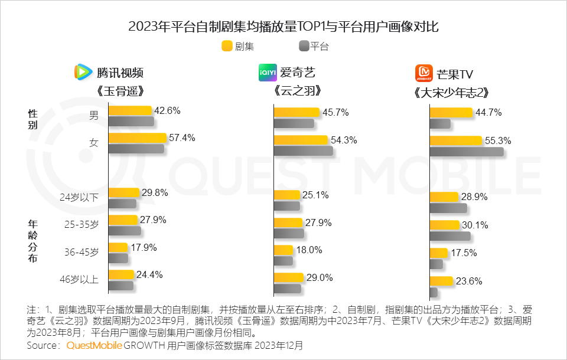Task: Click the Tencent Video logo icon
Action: [x=83, y=72]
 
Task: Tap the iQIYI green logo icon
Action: [x=267, y=72]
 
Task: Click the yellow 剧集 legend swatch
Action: [x=227, y=46]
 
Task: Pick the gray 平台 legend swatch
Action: [x=304, y=46]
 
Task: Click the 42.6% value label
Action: [x=167, y=110]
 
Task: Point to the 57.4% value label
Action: [x=182, y=138]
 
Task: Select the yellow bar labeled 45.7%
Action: [x=296, y=112]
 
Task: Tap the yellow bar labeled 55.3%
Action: [x=455, y=140]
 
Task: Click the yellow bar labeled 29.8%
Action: [x=123, y=192]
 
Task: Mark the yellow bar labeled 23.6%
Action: [x=441, y=281]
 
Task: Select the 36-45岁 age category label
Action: [x=82, y=252]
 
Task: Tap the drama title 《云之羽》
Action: [x=298, y=91]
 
